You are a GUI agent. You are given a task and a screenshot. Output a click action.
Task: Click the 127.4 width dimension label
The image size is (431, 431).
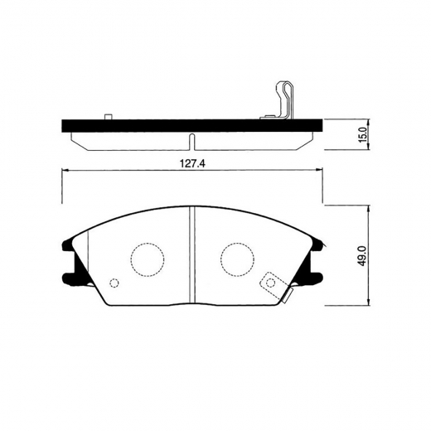click(x=193, y=164)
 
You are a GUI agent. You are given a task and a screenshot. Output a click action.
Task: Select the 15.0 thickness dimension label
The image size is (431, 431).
click(x=363, y=134)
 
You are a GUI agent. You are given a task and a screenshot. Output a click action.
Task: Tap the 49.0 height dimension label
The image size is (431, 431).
click(x=362, y=256)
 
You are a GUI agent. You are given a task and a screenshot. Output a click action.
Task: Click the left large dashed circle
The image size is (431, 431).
click(x=148, y=259)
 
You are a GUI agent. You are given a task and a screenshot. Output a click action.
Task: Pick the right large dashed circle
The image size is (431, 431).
click(x=238, y=259)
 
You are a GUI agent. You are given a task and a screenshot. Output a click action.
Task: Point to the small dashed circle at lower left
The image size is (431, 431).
click(x=114, y=283)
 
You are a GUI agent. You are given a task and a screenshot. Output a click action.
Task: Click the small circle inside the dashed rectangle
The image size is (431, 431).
click(x=271, y=282)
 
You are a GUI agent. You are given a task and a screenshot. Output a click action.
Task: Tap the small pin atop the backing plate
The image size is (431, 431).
click(x=109, y=117)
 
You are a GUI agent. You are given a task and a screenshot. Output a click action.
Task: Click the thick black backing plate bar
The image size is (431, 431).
click(x=192, y=126)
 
